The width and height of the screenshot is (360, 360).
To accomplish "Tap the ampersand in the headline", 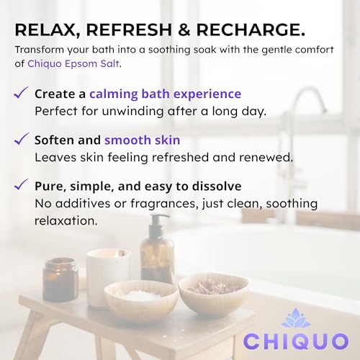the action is pos(184,30).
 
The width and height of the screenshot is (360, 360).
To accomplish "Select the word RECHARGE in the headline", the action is pos(251,30).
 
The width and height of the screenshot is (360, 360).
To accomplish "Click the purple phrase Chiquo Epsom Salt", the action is pos(73,64).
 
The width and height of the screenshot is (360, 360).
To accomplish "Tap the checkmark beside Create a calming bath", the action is pos(21,93).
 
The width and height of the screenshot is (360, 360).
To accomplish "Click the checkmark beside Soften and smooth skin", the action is pos(22,139).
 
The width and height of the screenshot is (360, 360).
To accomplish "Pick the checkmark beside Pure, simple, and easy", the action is pos(21,184).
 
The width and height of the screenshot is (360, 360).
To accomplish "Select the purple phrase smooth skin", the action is pos(143,140).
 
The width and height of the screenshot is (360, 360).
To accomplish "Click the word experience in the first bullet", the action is pos(207,94).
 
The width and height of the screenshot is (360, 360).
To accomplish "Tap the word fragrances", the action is pos(164,204).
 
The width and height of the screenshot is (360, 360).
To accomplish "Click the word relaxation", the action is pos(66,221).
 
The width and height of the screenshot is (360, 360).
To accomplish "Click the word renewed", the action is pos(266,158).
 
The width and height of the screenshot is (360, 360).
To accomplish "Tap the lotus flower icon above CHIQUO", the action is pos(296,318).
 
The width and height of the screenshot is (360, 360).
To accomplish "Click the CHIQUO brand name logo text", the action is pos(296,341).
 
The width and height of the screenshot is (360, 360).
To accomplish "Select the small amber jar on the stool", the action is pos(60,279).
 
